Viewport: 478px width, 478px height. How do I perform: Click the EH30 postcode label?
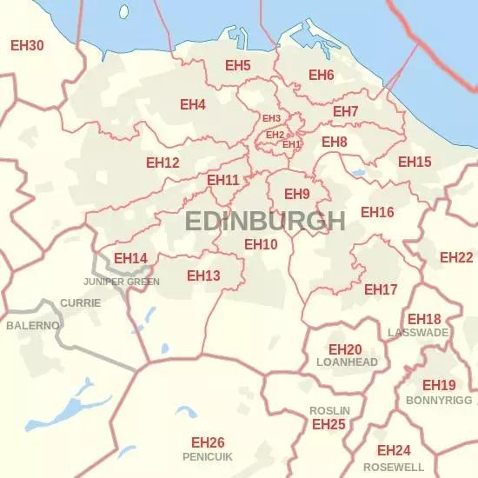27,44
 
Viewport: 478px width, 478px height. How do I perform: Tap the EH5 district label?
238,66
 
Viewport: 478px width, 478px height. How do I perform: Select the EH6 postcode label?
321,75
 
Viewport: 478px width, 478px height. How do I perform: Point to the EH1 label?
292,144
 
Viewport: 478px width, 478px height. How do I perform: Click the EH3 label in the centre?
271,118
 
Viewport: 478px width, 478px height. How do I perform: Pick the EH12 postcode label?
163,163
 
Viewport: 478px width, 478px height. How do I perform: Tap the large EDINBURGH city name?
265,221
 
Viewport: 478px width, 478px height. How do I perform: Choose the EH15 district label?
415,162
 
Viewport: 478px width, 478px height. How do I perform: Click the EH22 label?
456,257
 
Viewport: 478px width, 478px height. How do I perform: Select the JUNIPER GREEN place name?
121,282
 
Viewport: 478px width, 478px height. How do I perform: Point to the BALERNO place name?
33,325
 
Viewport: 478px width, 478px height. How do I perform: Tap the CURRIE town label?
80,303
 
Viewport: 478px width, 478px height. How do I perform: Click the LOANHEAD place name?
348,362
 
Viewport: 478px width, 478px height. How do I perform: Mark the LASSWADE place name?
418,333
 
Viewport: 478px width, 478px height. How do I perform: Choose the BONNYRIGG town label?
439,401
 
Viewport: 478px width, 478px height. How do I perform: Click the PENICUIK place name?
208,456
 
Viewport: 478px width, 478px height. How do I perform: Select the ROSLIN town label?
329,410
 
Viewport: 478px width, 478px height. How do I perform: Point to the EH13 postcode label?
203,276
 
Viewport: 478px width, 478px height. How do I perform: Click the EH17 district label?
381,289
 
